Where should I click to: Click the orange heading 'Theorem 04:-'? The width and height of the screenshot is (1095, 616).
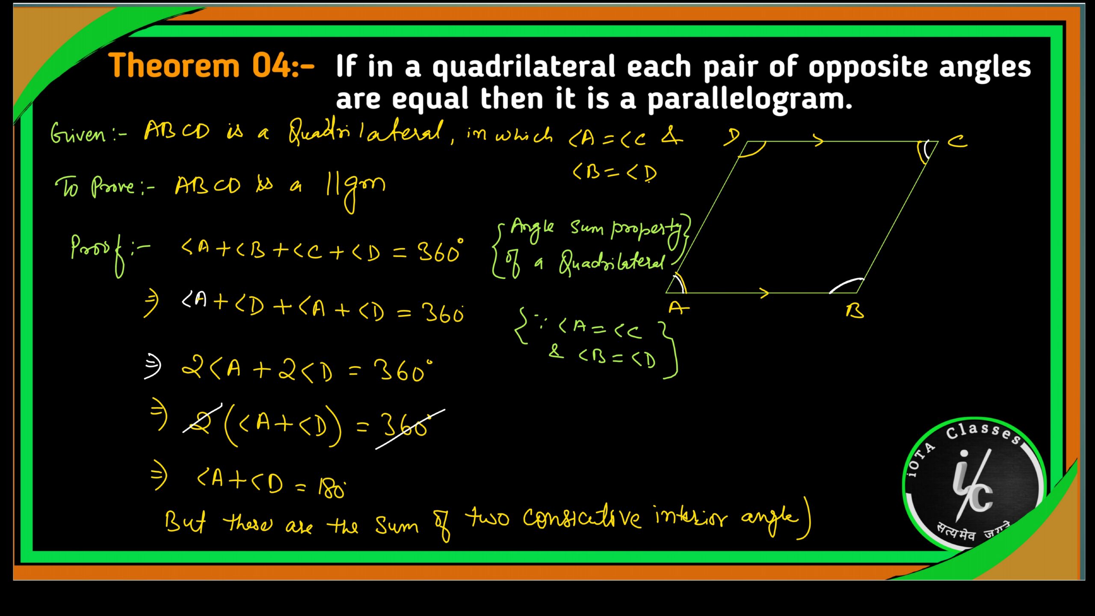point(211,66)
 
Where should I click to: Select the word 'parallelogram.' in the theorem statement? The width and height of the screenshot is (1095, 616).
point(749,100)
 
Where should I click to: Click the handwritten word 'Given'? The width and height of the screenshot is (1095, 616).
point(78,133)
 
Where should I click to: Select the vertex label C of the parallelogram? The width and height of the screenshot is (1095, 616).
point(957,141)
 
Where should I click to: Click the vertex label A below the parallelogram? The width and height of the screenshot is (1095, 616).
point(678,308)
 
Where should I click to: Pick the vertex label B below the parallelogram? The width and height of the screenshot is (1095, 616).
point(855,311)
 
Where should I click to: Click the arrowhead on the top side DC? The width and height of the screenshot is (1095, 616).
point(818,140)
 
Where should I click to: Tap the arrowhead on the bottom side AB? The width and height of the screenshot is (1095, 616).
point(764,293)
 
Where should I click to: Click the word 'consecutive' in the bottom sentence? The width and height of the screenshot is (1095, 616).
point(582,519)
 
